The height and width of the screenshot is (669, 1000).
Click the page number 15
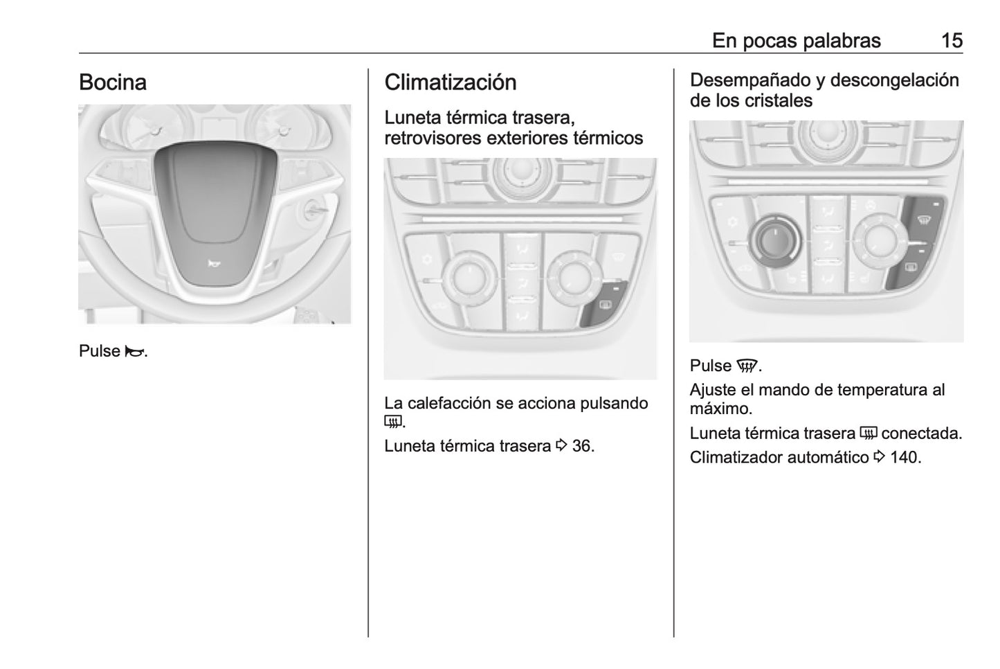(x=952, y=41)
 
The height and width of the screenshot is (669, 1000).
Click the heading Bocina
(x=113, y=82)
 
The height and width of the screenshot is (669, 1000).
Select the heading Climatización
(x=450, y=82)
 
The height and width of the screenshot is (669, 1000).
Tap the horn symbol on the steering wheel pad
(x=214, y=264)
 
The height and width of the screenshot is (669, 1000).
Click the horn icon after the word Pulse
(x=134, y=352)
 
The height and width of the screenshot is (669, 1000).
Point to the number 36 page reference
(x=582, y=446)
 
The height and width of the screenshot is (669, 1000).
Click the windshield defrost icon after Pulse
(x=747, y=366)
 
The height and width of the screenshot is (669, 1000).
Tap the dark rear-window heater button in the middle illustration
(x=603, y=303)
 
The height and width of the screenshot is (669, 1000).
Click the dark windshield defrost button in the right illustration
(x=922, y=220)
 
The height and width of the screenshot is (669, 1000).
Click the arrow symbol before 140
(x=879, y=456)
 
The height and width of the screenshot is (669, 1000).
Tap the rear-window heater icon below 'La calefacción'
(x=393, y=422)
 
